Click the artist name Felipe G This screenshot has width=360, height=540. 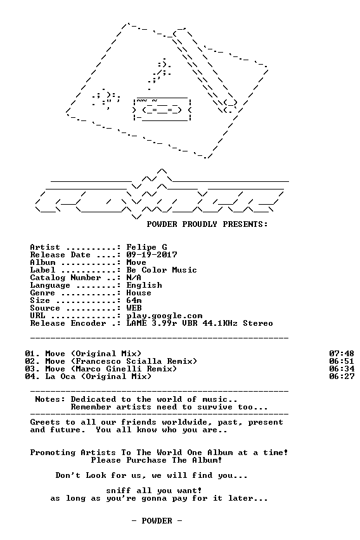[x=147, y=247]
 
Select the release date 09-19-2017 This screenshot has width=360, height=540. [x=152, y=255]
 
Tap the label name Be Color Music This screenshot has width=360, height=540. [x=162, y=269]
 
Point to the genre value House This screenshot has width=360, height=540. [x=139, y=292]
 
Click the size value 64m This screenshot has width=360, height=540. [x=134, y=300]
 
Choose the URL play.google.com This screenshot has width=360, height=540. [x=164, y=316]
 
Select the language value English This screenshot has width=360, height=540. [x=144, y=285]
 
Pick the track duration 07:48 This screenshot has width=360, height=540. [x=342, y=353]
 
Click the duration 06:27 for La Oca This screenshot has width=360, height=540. [x=342, y=376]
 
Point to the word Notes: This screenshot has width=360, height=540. [x=50, y=399]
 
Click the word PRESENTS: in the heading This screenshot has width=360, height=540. [x=245, y=224]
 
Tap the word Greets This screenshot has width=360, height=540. [x=45, y=422]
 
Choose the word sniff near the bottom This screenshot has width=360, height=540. [x=119, y=490]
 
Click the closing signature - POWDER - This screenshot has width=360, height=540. [x=157, y=520]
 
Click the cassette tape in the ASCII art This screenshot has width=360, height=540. [x=162, y=110]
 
